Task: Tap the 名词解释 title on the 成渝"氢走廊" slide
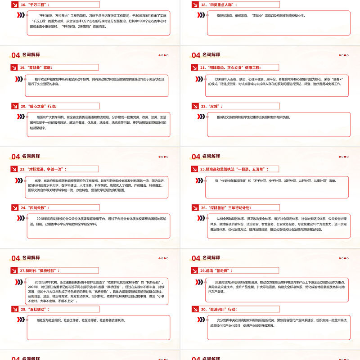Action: click(x=211, y=258)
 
